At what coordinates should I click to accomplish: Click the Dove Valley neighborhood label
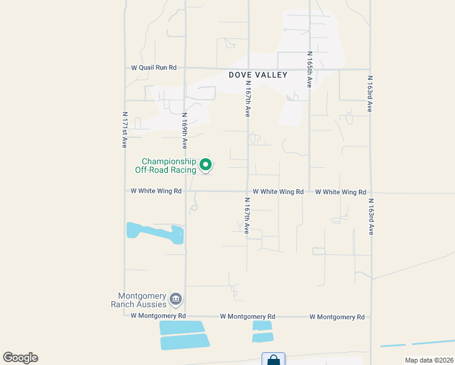point(257,75)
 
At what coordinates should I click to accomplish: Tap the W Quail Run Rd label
point(154,68)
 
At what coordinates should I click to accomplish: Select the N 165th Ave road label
point(309,69)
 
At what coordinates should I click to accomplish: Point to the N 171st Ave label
point(124,130)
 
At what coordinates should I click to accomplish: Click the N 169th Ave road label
point(184,130)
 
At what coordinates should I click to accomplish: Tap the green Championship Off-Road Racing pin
point(206,165)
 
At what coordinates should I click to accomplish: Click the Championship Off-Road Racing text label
point(165,165)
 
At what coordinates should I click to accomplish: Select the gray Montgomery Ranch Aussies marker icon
point(176,299)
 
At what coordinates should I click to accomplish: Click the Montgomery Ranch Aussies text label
point(138,299)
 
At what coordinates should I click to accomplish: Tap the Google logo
point(20,358)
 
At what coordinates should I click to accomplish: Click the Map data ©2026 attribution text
point(428,360)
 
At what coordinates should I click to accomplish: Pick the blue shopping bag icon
point(273,360)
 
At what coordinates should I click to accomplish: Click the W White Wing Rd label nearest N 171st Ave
point(156,191)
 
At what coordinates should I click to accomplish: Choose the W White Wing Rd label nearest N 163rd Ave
point(341,192)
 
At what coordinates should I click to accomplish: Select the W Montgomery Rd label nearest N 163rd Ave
point(336,317)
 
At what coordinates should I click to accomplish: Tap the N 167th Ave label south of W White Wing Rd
point(247,216)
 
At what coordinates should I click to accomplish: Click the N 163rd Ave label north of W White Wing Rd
point(369,94)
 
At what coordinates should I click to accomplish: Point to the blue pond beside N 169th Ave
point(155,232)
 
